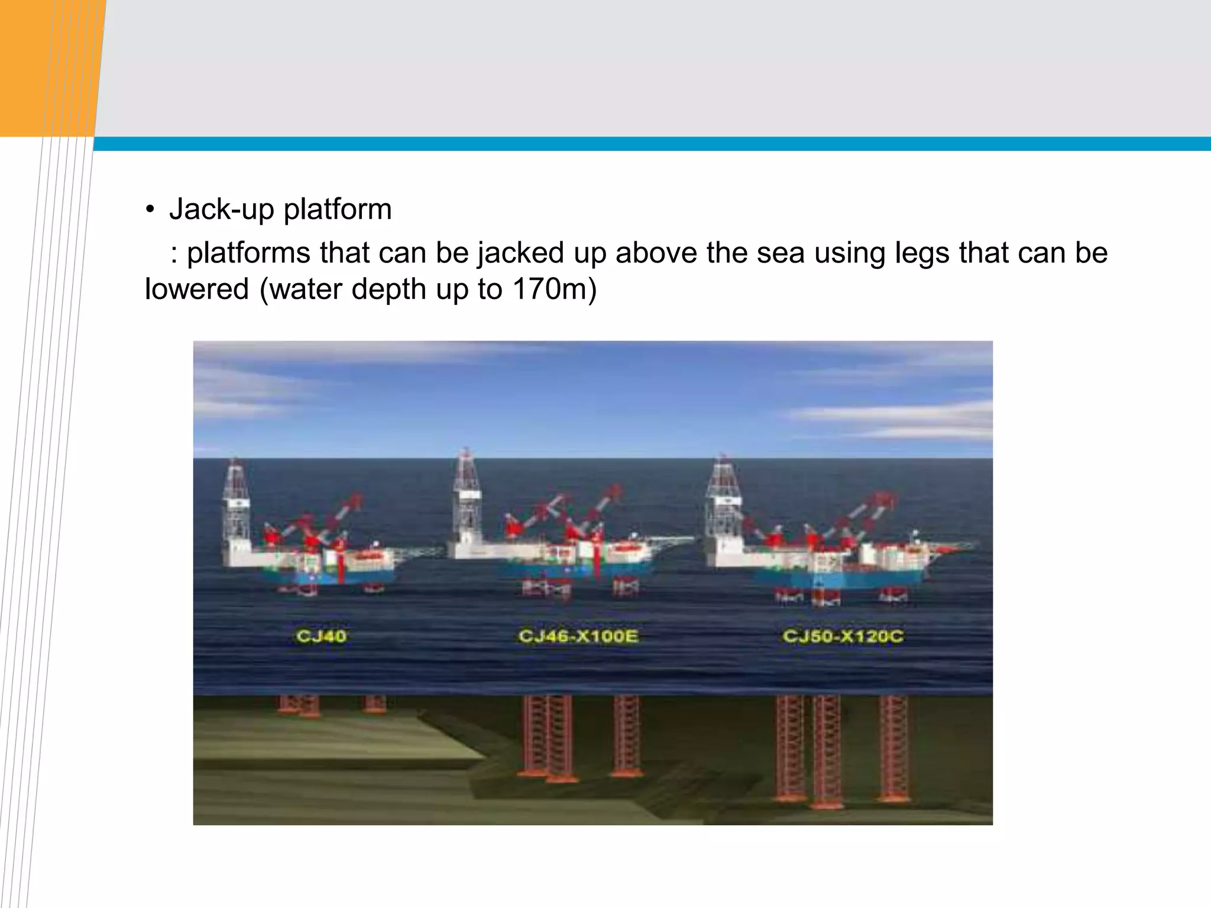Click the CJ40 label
tap(321, 636)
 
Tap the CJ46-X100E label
tap(578, 636)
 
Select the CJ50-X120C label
tap(843, 636)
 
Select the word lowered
tap(197, 289)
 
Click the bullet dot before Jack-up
tap(150, 210)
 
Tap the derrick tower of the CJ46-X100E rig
tap(467, 491)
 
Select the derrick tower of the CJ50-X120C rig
tap(722, 497)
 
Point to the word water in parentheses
tap(305, 289)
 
